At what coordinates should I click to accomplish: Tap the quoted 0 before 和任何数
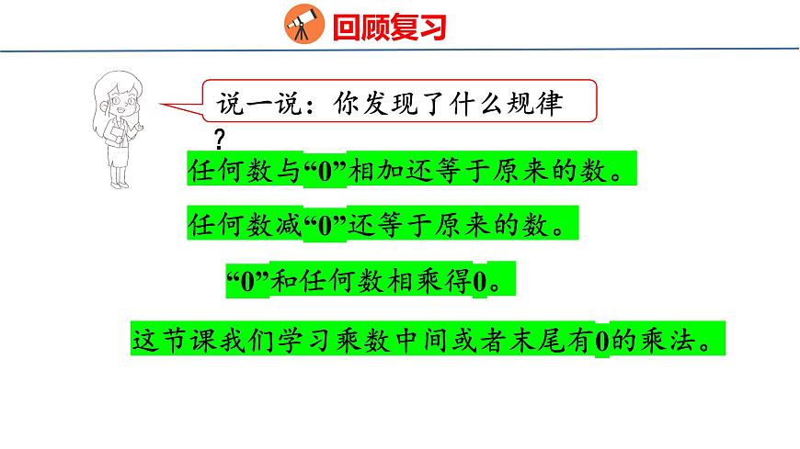coord(246,280)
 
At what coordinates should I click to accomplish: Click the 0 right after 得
coord(480,281)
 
